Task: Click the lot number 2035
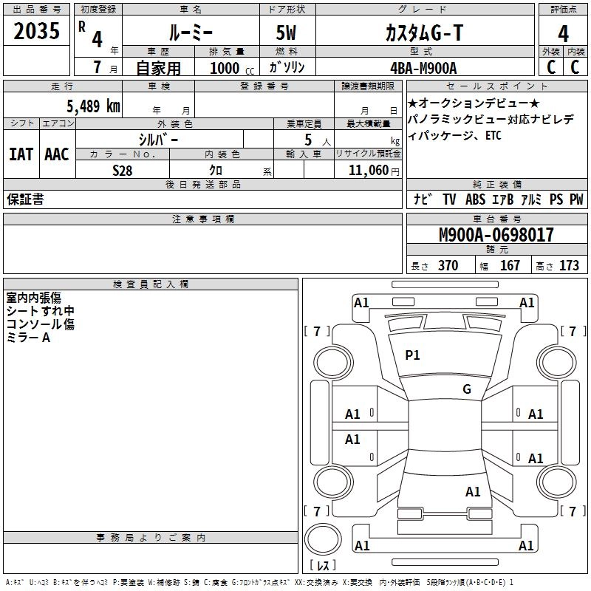[38, 31]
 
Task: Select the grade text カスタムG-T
[424, 33]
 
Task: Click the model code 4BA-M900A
[423, 68]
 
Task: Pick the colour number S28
[122, 171]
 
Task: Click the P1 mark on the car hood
[412, 355]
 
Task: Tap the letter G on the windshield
[466, 389]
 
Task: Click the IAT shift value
[21, 154]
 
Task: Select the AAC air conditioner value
[57, 154]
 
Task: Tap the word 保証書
[25, 199]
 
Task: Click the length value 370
[448, 266]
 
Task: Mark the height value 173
[569, 266]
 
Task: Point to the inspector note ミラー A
[28, 338]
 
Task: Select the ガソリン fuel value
[287, 68]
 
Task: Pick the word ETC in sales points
[492, 136]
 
